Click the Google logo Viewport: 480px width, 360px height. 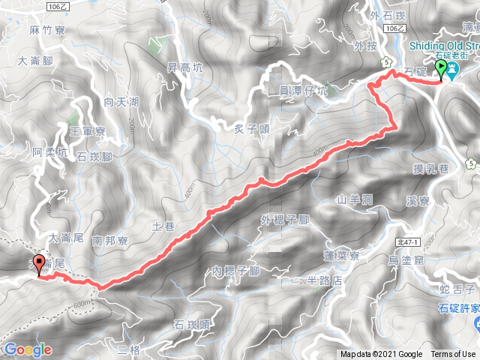pos(28,349)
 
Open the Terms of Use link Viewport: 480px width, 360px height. pos(452,355)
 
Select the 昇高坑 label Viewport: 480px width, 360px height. pos(184,67)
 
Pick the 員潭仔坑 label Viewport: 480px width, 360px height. pos(303,91)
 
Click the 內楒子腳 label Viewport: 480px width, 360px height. pos(235,270)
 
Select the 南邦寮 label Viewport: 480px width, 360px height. pos(112,241)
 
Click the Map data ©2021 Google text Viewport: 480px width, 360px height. pos(382,355)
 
